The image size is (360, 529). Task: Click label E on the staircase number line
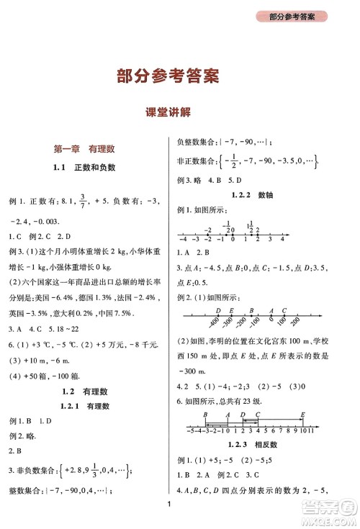[302, 415]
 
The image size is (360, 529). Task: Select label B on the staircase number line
[206, 415]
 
